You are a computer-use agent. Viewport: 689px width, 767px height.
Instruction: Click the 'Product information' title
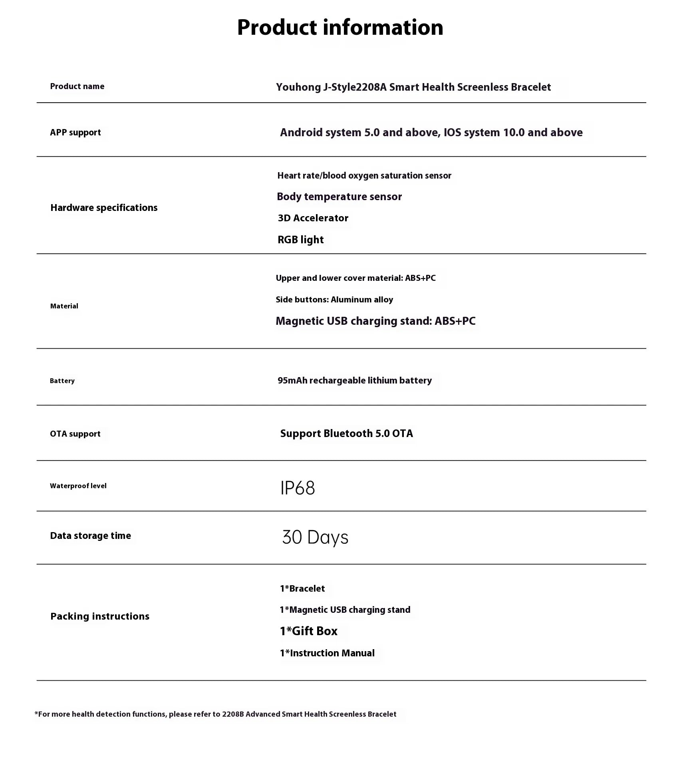340,28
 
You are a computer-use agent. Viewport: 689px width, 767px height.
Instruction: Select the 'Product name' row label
77,86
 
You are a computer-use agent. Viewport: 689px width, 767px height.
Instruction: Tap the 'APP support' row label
75,132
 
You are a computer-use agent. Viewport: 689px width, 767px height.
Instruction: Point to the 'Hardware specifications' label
104,208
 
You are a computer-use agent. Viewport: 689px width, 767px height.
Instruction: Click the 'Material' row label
64,306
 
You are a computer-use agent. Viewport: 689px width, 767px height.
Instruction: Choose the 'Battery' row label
62,381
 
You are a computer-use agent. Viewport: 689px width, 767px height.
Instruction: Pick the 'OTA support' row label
75,434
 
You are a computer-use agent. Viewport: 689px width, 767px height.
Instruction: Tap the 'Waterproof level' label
78,486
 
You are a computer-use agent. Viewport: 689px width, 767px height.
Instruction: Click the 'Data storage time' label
90,536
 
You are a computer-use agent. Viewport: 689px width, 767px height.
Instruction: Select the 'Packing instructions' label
100,616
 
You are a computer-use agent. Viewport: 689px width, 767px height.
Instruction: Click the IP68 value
298,488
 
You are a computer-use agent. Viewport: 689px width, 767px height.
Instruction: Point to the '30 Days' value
315,537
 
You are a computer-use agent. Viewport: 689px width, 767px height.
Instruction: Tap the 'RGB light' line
300,240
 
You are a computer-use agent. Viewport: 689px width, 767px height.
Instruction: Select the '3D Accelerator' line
313,218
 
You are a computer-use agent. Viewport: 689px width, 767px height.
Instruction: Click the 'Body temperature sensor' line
339,197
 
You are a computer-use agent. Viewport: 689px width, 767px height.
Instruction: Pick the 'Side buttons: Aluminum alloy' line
334,300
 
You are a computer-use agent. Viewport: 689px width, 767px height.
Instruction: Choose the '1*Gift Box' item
308,631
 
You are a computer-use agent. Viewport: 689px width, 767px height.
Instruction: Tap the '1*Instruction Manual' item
327,653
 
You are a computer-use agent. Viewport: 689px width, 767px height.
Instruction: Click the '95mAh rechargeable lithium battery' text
355,380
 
